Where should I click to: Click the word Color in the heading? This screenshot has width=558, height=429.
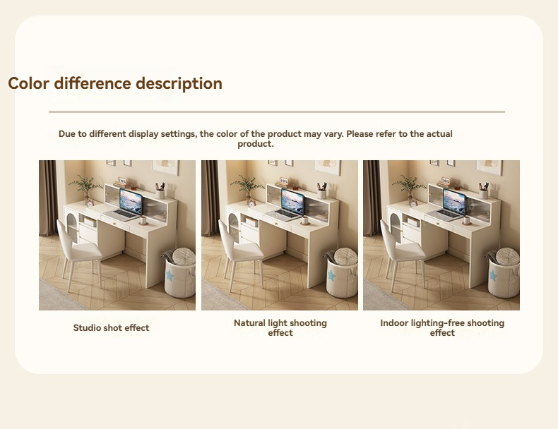tap(28, 83)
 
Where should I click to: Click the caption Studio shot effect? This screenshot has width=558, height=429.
tap(111, 327)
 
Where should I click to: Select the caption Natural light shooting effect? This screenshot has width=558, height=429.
tap(280, 327)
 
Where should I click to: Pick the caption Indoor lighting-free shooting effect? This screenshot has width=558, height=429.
tap(442, 327)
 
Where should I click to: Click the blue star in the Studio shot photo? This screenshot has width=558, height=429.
tap(170, 275)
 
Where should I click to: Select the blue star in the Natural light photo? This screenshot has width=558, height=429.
tap(332, 275)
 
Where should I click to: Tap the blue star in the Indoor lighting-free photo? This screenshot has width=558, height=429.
tap(493, 275)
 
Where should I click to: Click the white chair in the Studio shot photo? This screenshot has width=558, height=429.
tap(78, 253)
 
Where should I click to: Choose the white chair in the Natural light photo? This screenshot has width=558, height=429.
tap(239, 253)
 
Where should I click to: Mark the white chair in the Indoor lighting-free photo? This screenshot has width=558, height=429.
tap(401, 253)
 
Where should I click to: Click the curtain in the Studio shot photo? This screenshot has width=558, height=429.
tap(48, 198)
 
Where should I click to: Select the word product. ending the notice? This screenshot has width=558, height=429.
tap(256, 144)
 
